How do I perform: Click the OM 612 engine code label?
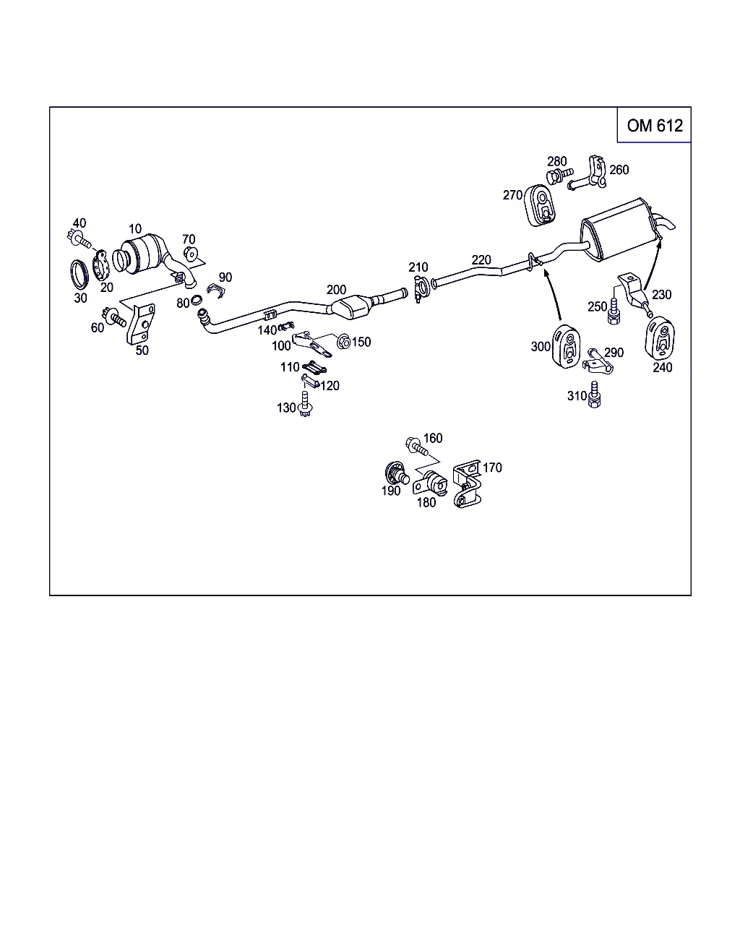click(654, 126)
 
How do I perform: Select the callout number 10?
click(135, 229)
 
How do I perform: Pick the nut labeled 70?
click(191, 254)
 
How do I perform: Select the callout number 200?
click(336, 290)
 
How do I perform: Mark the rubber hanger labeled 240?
click(659, 336)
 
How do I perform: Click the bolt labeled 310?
click(595, 394)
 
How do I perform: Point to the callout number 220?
click(481, 260)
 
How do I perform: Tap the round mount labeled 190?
click(395, 474)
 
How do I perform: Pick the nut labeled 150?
click(344, 340)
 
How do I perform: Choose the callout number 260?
click(619, 170)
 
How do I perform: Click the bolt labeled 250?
click(615, 311)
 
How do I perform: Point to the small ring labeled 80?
click(196, 302)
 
